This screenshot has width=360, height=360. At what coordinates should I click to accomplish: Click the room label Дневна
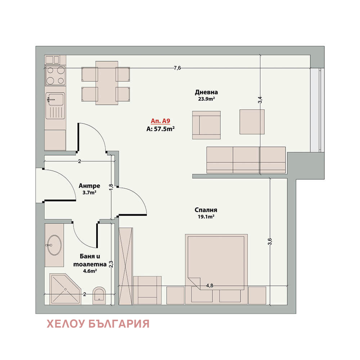point(206,92)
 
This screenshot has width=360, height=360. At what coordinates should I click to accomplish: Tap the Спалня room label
point(206,210)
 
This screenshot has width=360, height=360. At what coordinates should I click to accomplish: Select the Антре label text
point(89,185)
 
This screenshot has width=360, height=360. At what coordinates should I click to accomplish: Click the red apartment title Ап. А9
point(160,121)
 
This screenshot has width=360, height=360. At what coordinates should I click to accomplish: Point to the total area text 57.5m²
point(164,129)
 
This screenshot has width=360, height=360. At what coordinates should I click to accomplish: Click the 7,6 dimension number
point(177,68)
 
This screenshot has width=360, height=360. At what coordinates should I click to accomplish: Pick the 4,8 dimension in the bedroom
point(210,285)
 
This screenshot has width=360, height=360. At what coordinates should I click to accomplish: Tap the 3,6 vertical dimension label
point(270,242)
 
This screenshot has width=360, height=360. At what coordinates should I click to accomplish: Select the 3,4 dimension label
point(260,100)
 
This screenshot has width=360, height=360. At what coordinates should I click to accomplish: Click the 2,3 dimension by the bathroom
point(111,264)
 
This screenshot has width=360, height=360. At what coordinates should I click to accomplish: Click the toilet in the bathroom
point(99,295)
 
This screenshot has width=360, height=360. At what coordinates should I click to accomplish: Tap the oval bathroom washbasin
point(54,245)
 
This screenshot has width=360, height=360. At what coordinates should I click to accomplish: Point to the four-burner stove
point(55,76)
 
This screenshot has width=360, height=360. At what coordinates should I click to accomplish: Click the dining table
point(107,83)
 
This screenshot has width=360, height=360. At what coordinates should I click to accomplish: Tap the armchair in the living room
point(206,125)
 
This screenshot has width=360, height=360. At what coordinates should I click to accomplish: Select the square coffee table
point(252,122)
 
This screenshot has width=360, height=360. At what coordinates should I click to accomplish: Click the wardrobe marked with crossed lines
point(126,266)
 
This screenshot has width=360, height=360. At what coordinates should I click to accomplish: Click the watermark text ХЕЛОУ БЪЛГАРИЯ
point(98,324)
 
